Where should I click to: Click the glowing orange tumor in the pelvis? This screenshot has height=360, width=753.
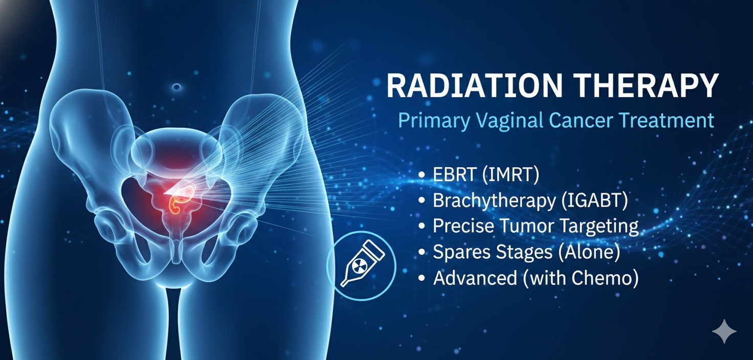[184, 199]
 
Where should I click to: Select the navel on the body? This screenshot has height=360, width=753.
[178, 87]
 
